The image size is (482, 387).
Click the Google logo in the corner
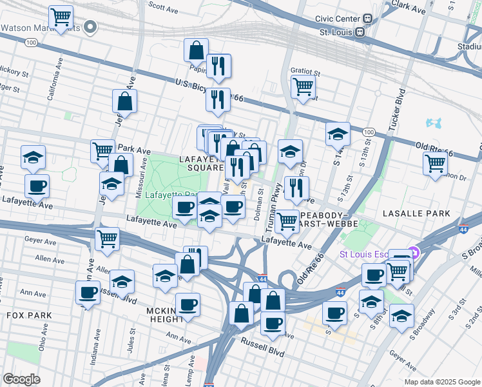tap(21, 379)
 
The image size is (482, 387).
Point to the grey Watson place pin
tap(91, 28)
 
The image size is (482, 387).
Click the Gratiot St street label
tap(305, 72)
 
